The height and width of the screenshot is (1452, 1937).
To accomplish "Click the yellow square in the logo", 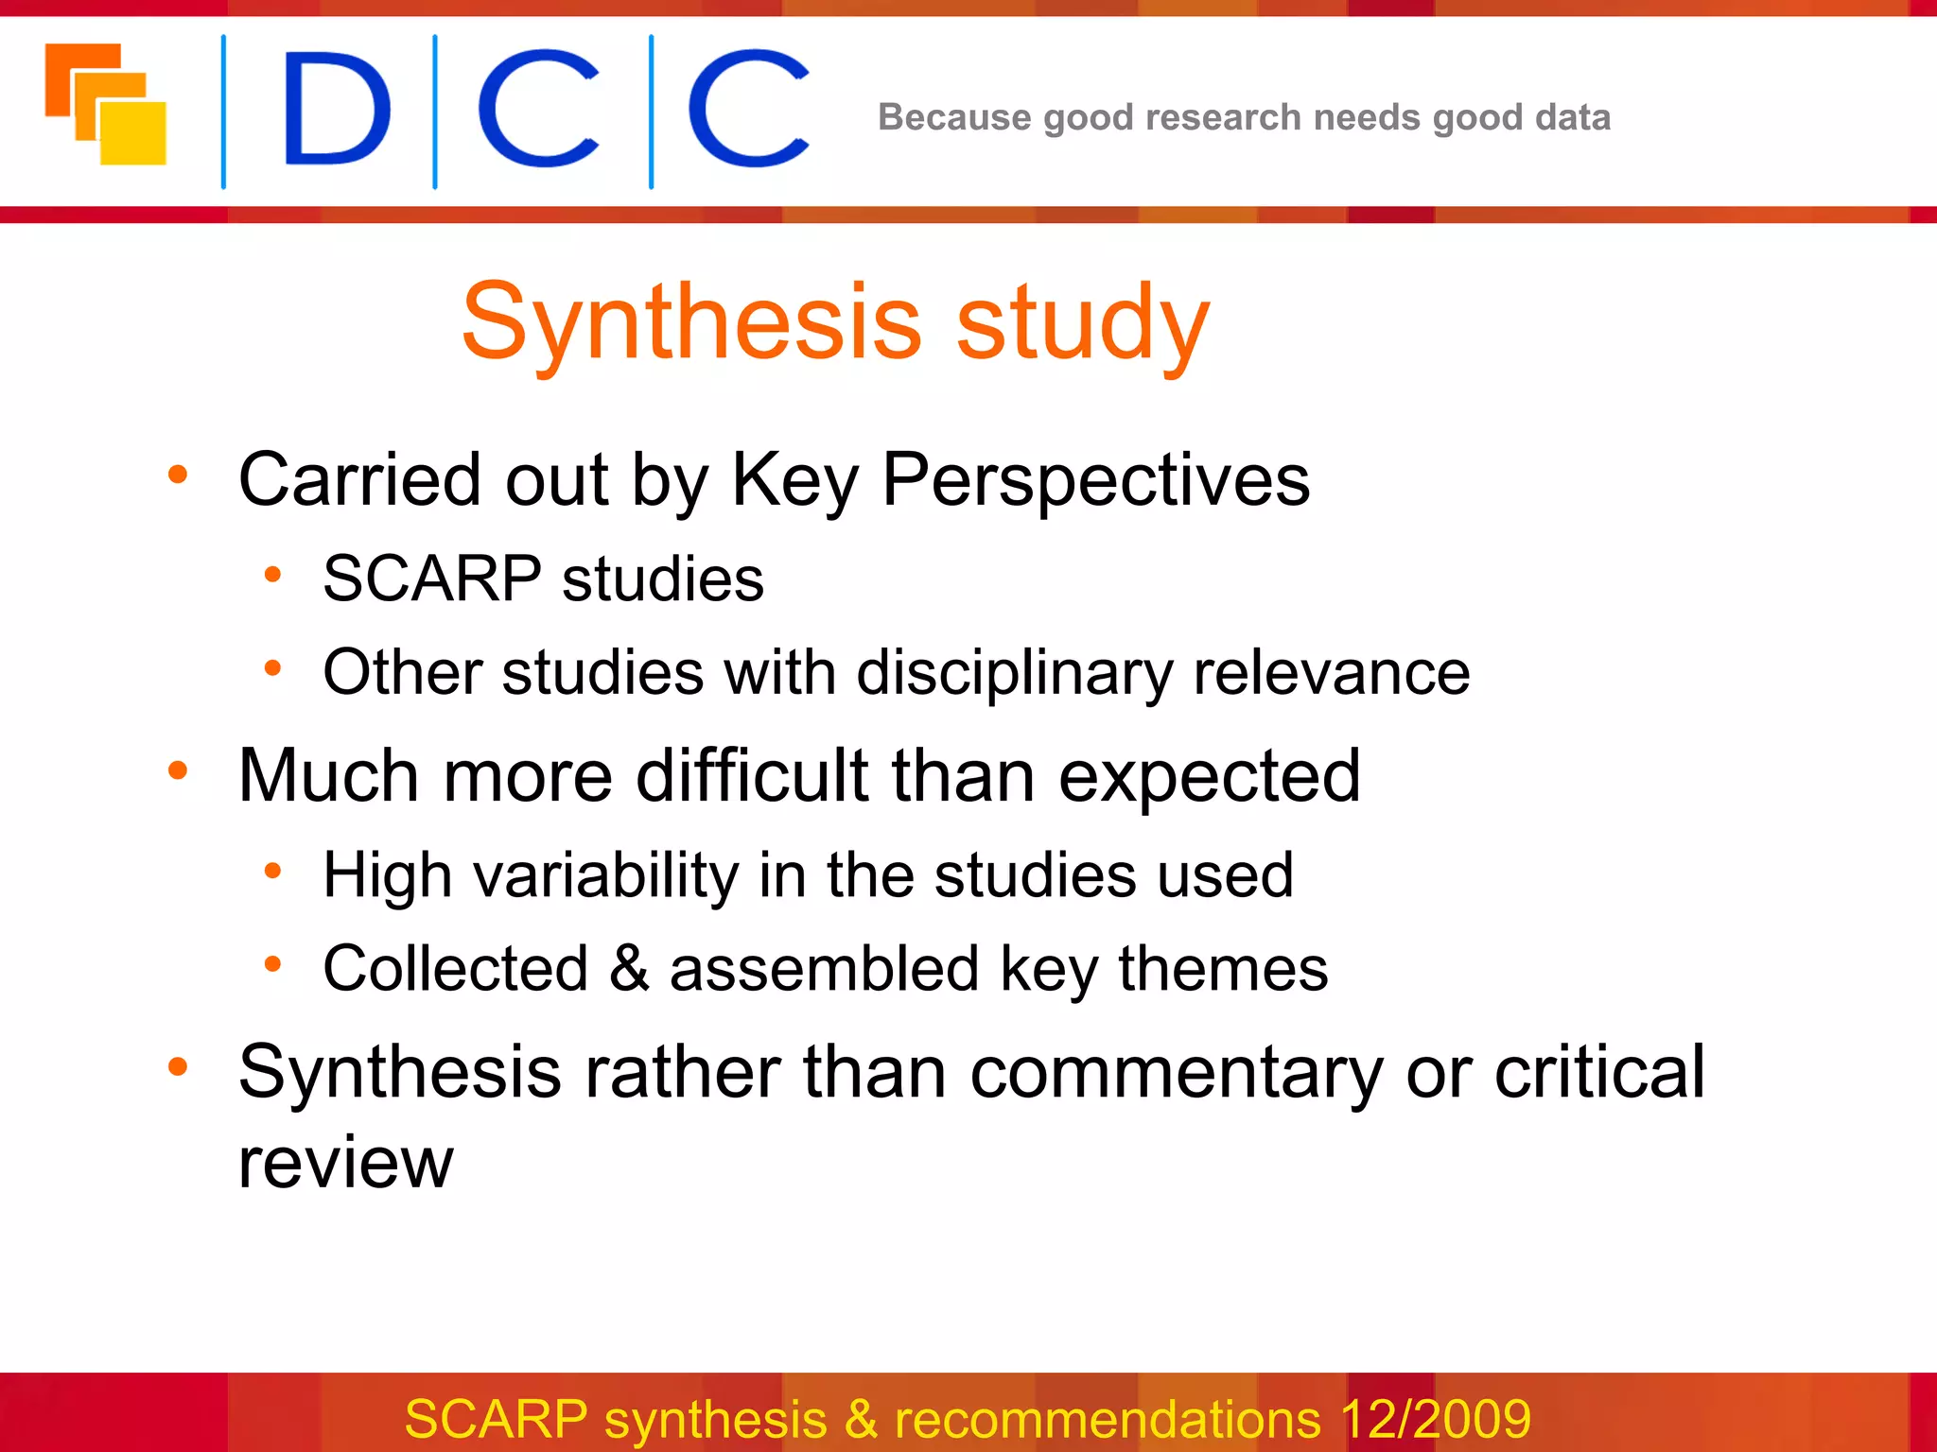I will pos(133,132).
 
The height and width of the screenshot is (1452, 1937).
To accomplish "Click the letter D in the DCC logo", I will pos(336,110).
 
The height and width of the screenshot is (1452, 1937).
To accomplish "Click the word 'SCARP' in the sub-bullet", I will pos(432,579).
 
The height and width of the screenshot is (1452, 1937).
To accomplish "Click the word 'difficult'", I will pos(752,776).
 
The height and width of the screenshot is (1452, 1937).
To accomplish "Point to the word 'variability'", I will pos(605,875).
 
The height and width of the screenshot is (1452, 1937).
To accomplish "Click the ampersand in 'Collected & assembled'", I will pos(629,969).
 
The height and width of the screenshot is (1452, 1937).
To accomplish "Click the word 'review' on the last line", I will pos(345,1162).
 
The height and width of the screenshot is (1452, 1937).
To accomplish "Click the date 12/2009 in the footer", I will pos(1435,1419).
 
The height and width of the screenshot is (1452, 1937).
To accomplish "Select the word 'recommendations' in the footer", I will pos(1107,1419).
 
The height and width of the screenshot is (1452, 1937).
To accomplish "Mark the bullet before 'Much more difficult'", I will pos(178,771).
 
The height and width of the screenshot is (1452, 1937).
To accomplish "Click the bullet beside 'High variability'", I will pos(273,871).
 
